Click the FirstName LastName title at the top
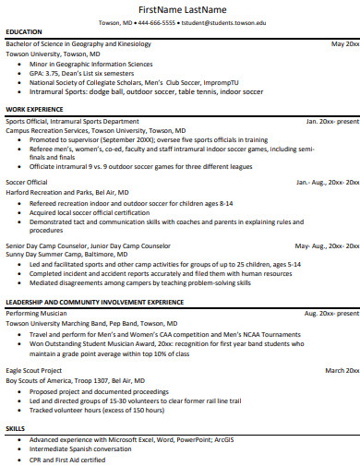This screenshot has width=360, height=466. coord(180,9)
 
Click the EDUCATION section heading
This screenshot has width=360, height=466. coord(23,31)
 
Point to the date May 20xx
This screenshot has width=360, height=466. coord(344,43)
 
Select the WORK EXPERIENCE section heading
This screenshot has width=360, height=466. coord(34,109)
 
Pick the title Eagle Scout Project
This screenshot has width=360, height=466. coord(36,370)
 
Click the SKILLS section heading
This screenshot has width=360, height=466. coord(16,429)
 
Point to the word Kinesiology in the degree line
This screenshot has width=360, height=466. coord(132,43)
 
